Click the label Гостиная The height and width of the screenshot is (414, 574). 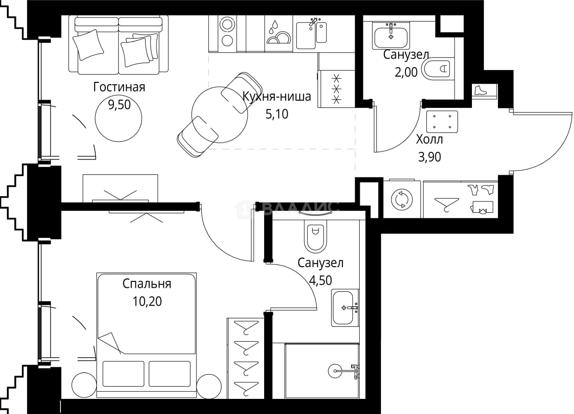tap(119, 87)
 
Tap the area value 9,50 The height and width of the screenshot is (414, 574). tap(119, 105)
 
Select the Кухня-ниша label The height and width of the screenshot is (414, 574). tap(277, 97)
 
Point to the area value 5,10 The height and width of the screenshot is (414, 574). tap(277, 114)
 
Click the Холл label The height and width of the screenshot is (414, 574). tap(429, 140)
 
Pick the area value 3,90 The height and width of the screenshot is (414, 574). tap(429, 157)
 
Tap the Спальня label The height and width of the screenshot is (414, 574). tap(147, 284)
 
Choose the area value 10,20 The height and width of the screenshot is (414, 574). tap(147, 301)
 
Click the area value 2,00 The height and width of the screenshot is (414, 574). tap(406, 72)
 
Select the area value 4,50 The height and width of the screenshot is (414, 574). tap(320, 280)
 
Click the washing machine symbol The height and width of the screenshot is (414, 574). tap(402, 199)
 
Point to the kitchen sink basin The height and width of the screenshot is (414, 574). tap(306, 36)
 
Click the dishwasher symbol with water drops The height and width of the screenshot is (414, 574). tap(278, 32)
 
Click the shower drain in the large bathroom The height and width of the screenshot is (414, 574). tap(335, 371)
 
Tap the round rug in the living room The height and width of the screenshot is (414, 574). tap(119, 118)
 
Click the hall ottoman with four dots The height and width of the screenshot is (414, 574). tap(442, 122)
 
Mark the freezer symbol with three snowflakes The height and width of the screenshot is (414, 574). tap(336, 89)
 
